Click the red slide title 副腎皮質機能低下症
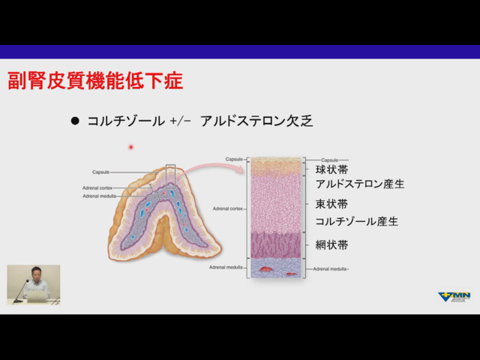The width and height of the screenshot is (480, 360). click(x=95, y=81)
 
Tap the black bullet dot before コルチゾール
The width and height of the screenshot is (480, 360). click(x=75, y=121)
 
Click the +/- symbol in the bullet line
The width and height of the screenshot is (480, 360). click(x=181, y=121)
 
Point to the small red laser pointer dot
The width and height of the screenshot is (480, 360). click(x=130, y=147)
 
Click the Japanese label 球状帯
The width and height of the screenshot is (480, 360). click(x=331, y=170)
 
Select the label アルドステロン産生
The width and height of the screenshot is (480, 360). click(x=360, y=184)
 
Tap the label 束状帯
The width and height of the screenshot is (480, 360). click(x=331, y=204)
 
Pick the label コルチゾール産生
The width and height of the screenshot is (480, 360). click(x=356, y=221)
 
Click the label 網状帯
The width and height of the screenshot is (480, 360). click(x=331, y=245)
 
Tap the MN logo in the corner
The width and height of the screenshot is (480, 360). click(x=454, y=297)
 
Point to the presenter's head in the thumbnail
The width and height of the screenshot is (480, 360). click(x=35, y=272)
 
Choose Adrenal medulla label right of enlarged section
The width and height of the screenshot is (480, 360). click(x=331, y=268)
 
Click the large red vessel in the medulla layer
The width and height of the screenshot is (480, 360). click(x=266, y=268)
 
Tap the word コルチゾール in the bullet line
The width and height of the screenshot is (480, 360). click(x=124, y=121)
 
